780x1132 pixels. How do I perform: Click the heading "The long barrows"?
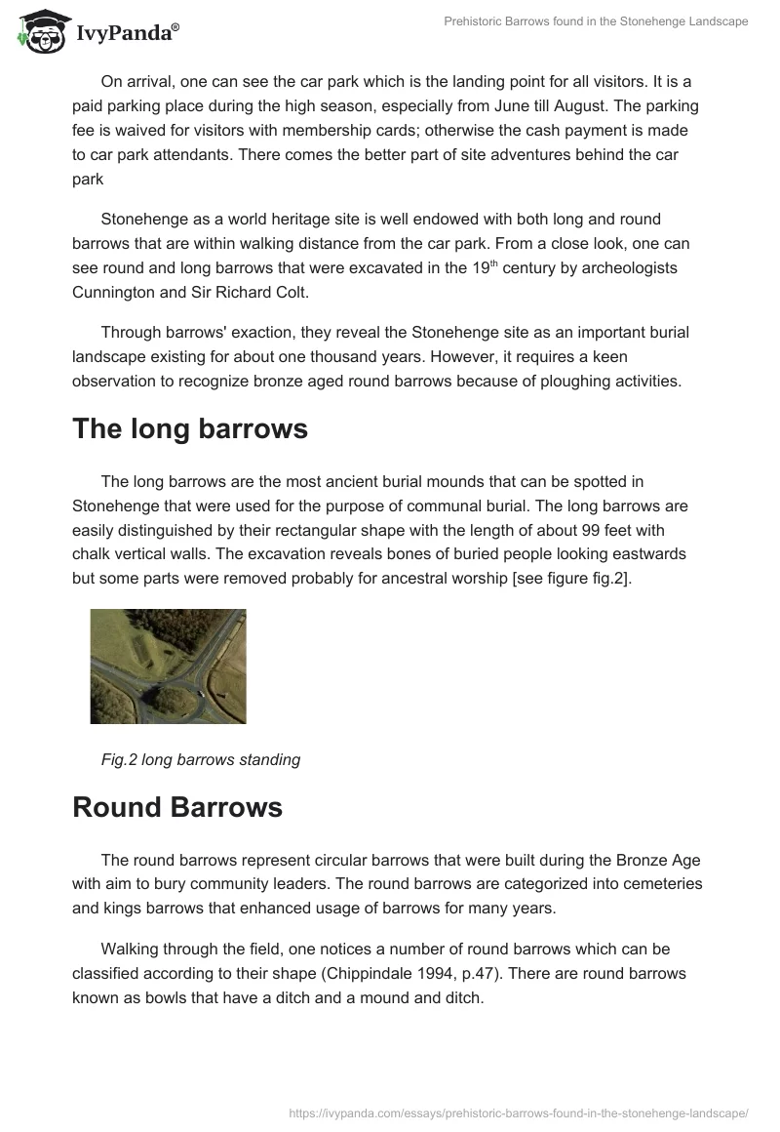click(190, 429)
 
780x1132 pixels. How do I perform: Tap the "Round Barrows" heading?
click(177, 807)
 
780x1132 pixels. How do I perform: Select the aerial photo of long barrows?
click(168, 666)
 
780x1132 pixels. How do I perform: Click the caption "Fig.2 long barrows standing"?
click(201, 759)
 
